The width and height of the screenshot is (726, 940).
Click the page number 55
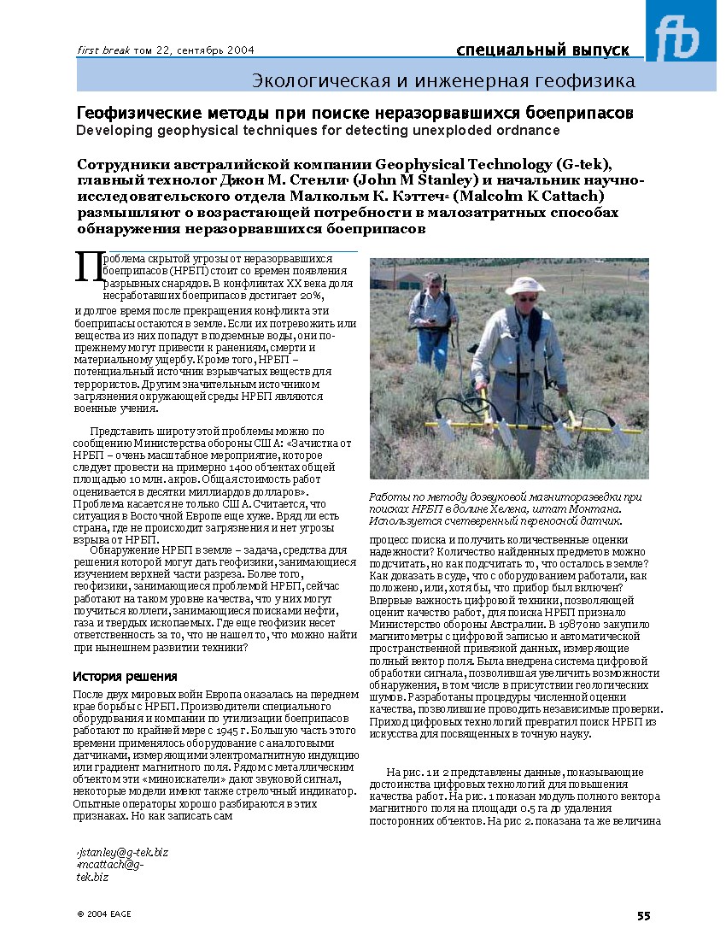(x=643, y=916)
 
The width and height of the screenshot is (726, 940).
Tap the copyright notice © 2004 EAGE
(x=104, y=914)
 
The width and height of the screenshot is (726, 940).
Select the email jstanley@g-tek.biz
(x=123, y=852)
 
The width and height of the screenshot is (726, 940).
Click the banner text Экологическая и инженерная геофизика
(x=443, y=81)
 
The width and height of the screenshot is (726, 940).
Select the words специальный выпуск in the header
(x=543, y=50)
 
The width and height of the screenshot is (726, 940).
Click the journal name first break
(x=103, y=50)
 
